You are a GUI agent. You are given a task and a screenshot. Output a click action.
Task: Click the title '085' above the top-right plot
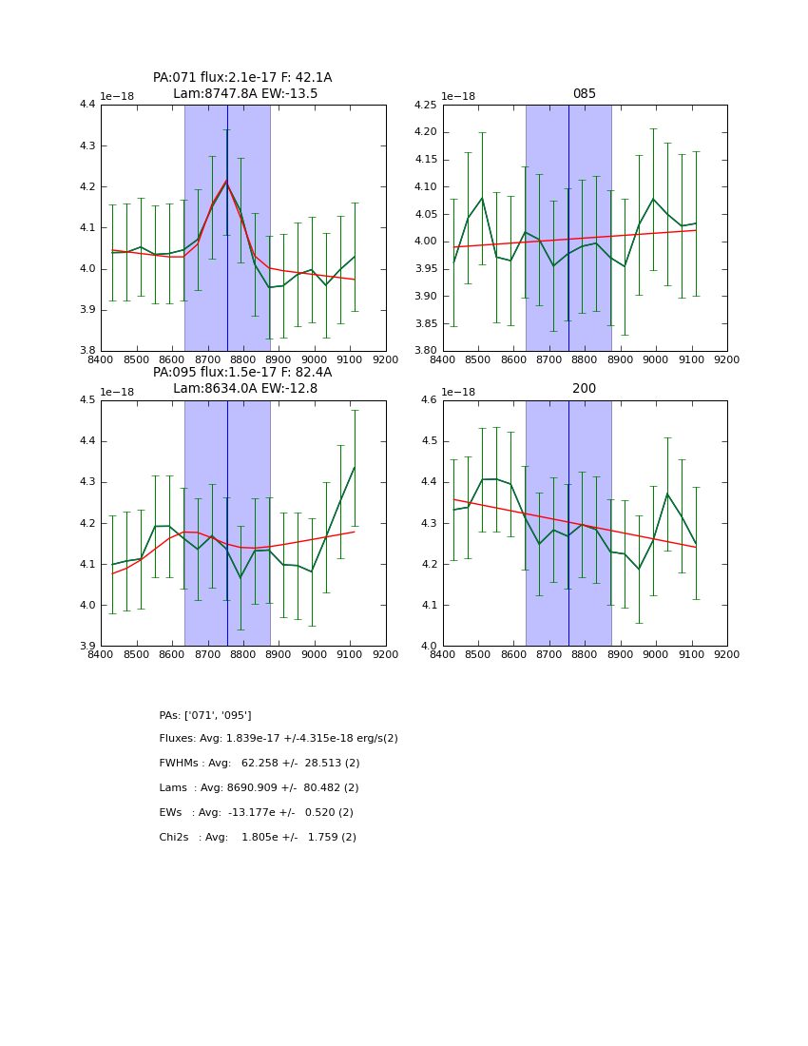tap(584, 94)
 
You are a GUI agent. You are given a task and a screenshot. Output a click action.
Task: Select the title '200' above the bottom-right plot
tap(584, 389)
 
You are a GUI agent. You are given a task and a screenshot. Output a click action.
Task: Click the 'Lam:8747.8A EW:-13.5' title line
tap(245, 94)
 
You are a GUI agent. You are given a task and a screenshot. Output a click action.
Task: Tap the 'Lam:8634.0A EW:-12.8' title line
tap(245, 389)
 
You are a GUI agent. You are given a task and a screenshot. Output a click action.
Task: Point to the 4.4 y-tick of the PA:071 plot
tap(87, 105)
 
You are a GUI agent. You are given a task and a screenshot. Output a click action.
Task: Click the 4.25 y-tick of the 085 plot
tap(425, 105)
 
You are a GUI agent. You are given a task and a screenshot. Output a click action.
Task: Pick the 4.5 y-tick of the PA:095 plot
tap(87, 400)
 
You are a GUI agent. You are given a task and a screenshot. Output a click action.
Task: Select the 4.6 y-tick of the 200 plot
tap(429, 400)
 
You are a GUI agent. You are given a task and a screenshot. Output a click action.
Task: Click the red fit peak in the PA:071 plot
tap(226, 181)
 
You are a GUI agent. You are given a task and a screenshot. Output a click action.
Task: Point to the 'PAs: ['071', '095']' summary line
tap(205, 715)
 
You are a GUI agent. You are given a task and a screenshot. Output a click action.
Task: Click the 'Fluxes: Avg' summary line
tap(279, 739)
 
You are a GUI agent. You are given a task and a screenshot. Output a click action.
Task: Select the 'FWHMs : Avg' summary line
tap(260, 764)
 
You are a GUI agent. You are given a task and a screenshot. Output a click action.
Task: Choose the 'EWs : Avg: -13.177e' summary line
tap(257, 813)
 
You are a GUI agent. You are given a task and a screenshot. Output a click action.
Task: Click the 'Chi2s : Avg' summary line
tap(258, 838)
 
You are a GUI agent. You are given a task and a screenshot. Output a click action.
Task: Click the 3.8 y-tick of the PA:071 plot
tap(87, 351)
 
